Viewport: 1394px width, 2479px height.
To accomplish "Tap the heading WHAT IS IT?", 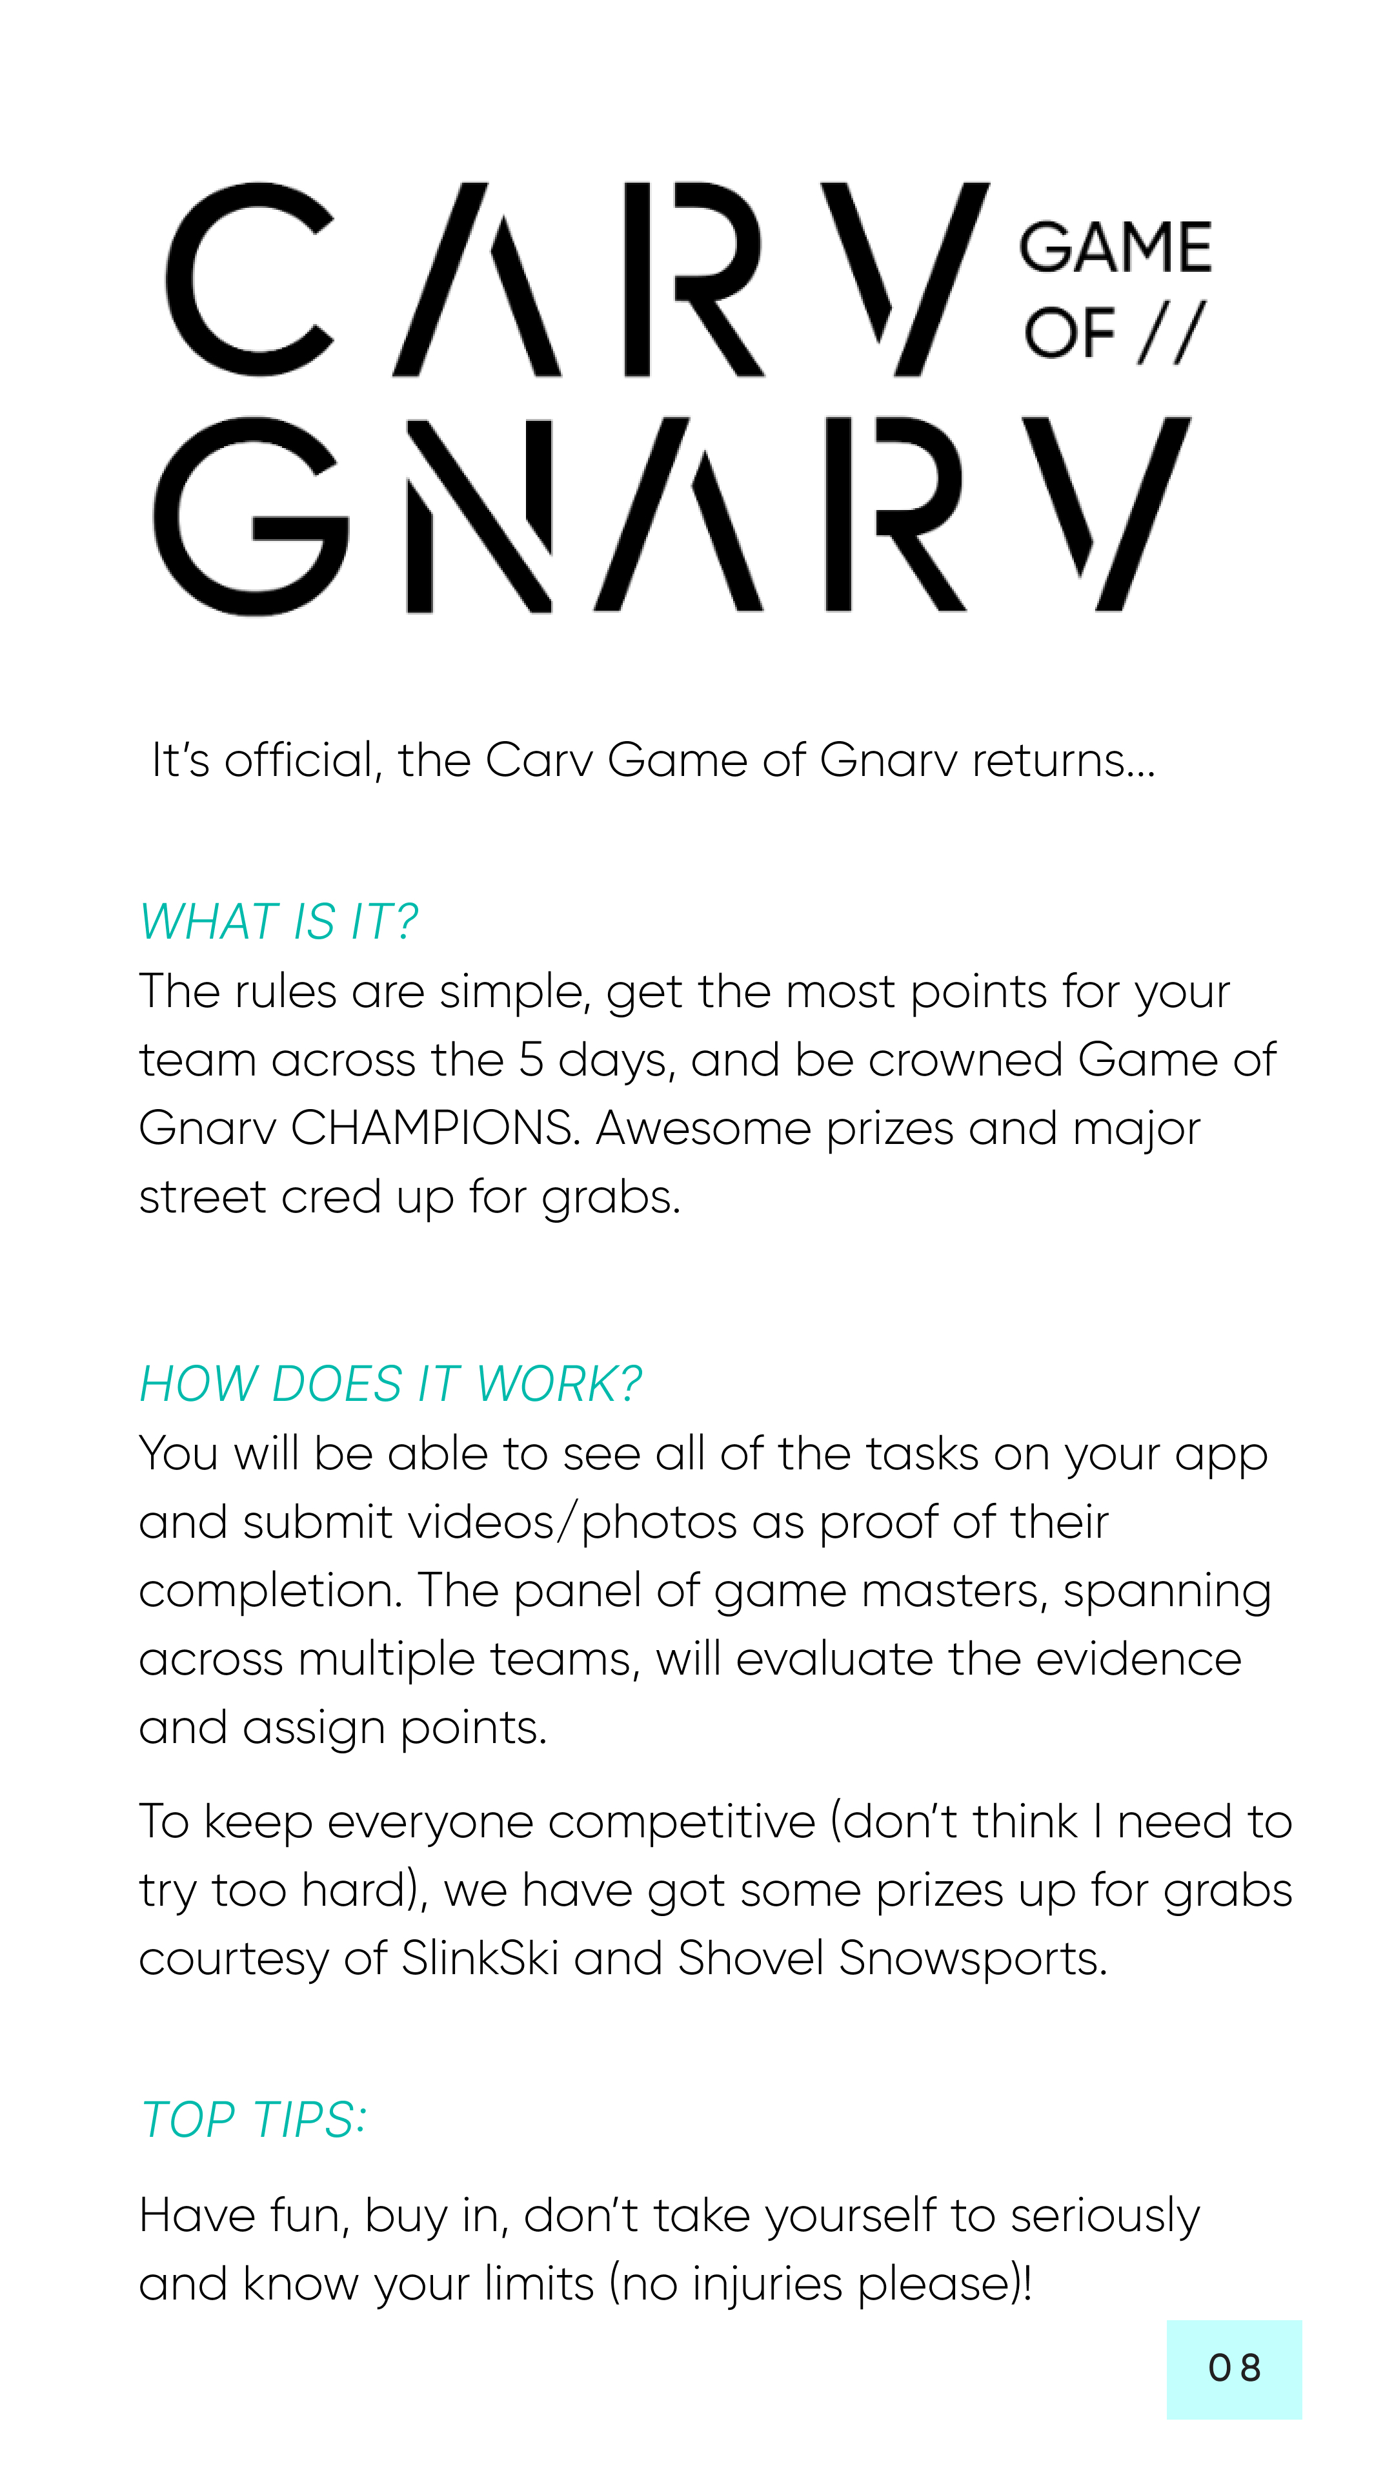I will click(x=278, y=922).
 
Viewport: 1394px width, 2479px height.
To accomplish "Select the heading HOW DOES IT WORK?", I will click(x=390, y=1384).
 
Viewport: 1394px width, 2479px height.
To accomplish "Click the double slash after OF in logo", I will click(x=1171, y=333).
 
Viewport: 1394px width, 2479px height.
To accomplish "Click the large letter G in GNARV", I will click(x=250, y=516).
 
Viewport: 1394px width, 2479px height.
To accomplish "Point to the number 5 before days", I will click(x=531, y=1059).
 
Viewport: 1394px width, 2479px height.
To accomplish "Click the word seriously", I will click(x=1104, y=2216).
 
